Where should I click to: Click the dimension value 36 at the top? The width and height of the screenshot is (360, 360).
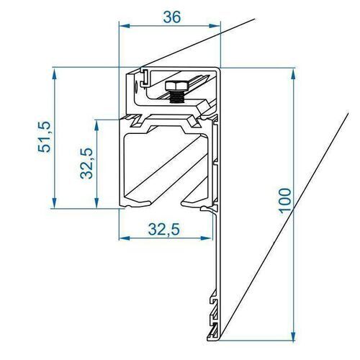(x=171, y=17)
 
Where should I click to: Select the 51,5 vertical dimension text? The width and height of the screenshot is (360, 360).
(x=44, y=137)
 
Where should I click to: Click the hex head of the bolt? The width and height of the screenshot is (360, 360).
(x=175, y=86)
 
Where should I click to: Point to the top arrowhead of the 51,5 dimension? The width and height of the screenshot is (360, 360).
(x=54, y=73)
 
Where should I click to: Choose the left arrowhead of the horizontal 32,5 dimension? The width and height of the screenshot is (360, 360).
(x=123, y=237)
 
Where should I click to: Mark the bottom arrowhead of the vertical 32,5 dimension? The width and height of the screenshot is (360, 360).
(x=96, y=204)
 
